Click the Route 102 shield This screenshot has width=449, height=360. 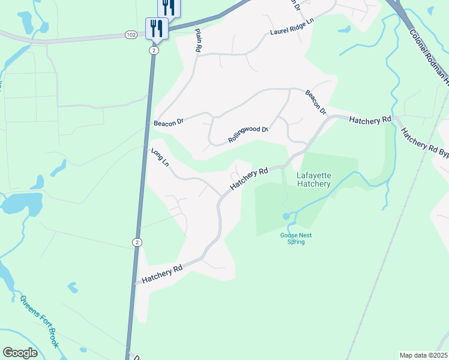131,35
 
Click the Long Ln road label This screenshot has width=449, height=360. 160,158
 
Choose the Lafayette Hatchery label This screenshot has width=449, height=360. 313,179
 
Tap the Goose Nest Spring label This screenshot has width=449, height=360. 293,238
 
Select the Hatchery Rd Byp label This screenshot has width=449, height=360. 425,145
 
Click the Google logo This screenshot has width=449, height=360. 20,353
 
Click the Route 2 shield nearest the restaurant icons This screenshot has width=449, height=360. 154,50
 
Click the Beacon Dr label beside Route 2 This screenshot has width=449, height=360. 168,122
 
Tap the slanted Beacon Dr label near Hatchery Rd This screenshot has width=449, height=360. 315,102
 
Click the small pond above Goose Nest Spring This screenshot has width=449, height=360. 287,215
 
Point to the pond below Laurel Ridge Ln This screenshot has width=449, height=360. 345,28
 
